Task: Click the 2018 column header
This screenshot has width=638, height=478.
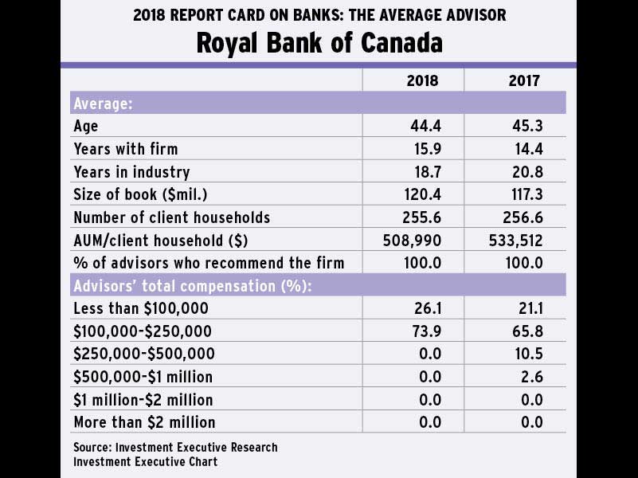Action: (x=422, y=80)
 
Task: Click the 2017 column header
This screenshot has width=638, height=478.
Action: (x=524, y=80)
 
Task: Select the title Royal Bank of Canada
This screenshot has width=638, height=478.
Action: (x=319, y=42)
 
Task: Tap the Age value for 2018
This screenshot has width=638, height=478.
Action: (x=425, y=126)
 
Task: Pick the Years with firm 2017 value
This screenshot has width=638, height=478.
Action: (x=526, y=149)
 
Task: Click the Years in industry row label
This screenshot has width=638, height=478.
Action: (x=131, y=172)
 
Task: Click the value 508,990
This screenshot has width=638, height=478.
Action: (x=413, y=240)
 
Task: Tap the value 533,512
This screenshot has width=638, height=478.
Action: (x=515, y=240)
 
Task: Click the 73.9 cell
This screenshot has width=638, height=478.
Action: (x=425, y=331)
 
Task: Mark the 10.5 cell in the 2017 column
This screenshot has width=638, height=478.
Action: (x=526, y=354)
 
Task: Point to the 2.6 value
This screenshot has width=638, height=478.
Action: (x=530, y=376)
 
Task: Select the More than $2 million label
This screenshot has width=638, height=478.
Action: (x=144, y=421)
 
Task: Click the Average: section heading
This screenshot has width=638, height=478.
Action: (x=103, y=104)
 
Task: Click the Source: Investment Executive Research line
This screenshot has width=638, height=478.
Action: (x=175, y=447)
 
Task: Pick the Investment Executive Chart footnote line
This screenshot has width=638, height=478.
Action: (x=145, y=461)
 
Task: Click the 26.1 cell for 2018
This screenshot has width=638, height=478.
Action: (x=425, y=308)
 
